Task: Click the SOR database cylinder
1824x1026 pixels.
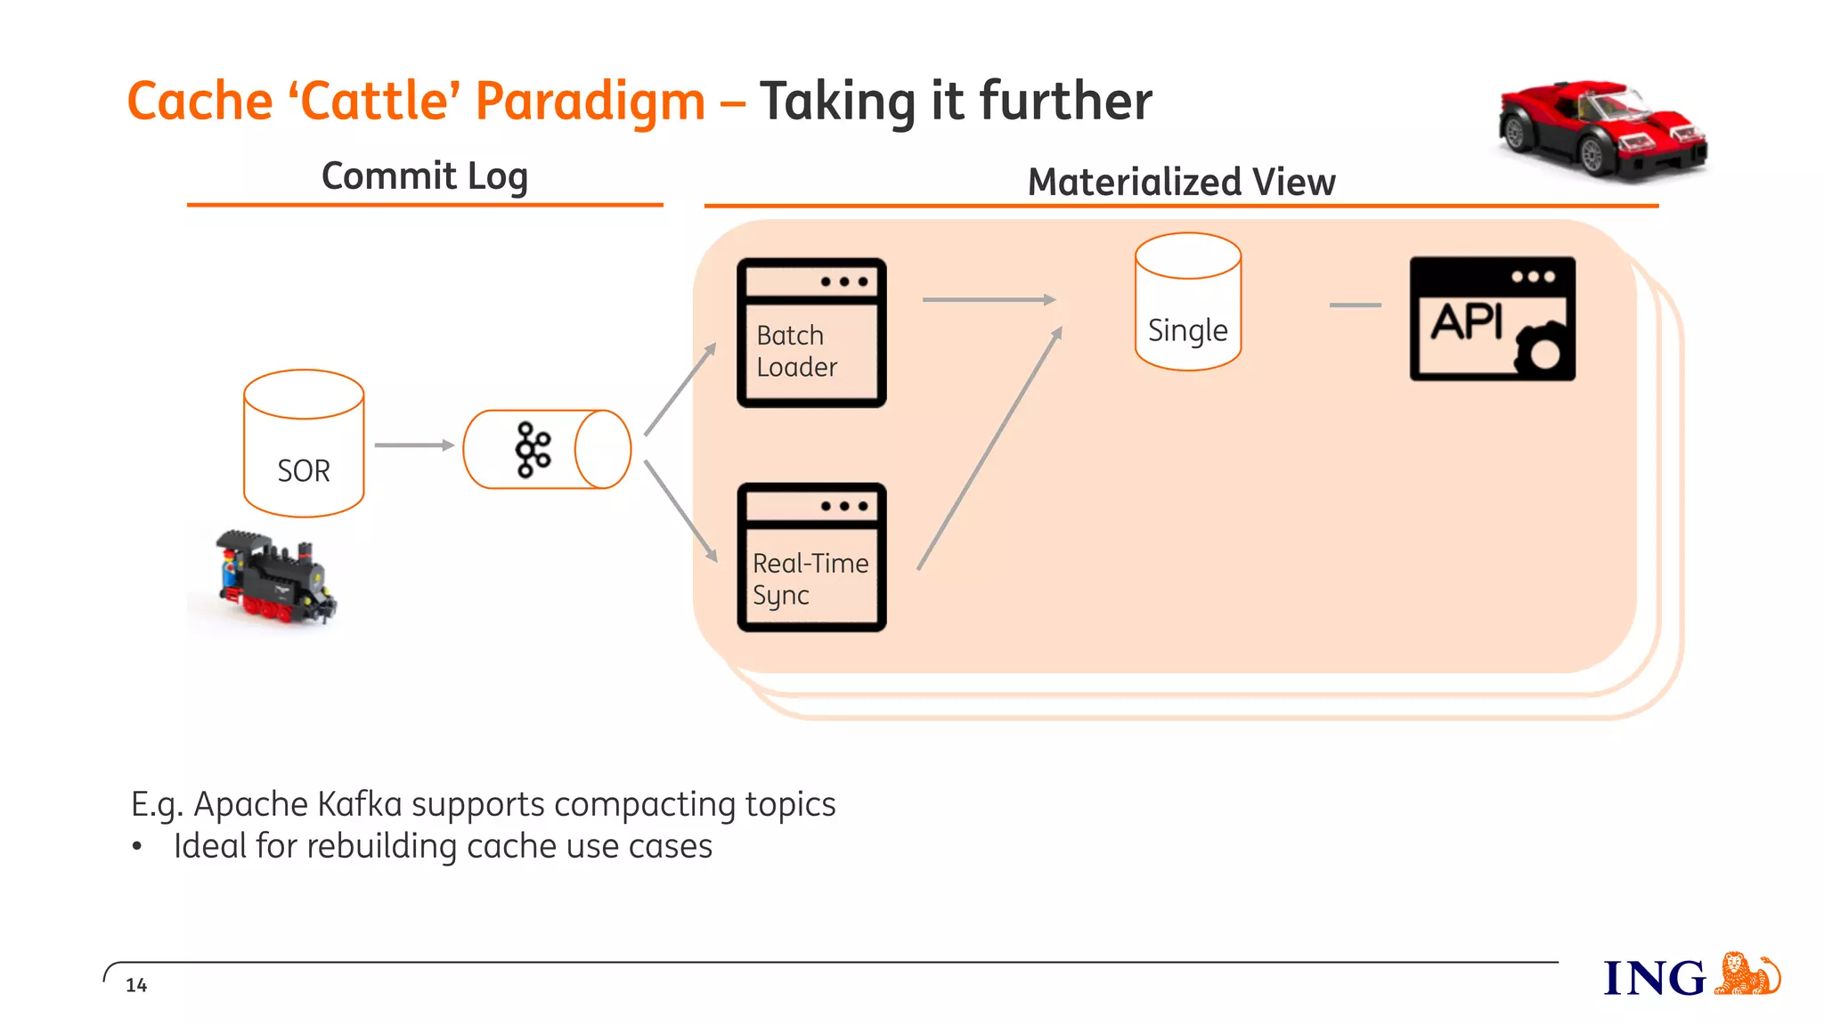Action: click(304, 444)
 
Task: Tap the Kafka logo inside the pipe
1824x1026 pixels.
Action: click(533, 450)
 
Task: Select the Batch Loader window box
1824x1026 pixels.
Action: click(811, 333)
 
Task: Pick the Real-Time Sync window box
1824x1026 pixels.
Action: click(811, 558)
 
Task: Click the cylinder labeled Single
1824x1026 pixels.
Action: click(1187, 303)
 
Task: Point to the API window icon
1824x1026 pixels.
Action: click(1492, 319)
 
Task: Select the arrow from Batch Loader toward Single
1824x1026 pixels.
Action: click(989, 300)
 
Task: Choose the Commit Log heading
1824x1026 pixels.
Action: click(425, 175)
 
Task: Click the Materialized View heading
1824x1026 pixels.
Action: click(1181, 182)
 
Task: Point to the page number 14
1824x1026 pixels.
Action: click(136, 985)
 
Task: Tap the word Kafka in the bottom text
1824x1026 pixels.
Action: click(360, 804)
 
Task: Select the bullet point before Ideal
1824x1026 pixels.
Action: click(137, 846)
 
